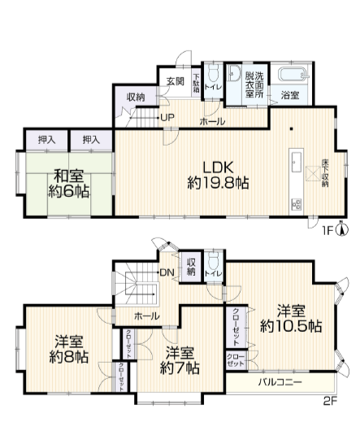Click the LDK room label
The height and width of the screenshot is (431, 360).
click(218, 175)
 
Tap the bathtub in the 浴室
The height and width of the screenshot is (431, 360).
click(293, 74)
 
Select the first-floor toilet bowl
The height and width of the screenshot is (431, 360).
click(213, 72)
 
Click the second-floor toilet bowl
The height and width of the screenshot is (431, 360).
click(213, 261)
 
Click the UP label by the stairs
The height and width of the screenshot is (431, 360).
click(167, 118)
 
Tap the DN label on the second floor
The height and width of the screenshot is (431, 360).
click(167, 272)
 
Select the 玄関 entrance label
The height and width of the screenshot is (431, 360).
click(176, 81)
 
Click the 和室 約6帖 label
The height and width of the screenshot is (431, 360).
click(68, 184)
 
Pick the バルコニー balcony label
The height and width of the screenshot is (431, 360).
click(280, 382)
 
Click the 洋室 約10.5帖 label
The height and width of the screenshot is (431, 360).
click(291, 319)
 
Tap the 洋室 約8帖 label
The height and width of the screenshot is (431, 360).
click(68, 349)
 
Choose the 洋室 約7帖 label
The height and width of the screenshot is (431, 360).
click(180, 360)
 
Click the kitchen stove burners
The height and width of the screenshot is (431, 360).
click(296, 204)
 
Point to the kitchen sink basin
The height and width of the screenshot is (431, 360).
click(297, 162)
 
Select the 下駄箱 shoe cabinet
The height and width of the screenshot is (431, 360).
click(196, 82)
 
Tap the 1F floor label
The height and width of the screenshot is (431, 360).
click(327, 231)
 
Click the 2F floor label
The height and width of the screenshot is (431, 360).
click(329, 401)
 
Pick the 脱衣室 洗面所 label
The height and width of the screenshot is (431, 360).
click(254, 85)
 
